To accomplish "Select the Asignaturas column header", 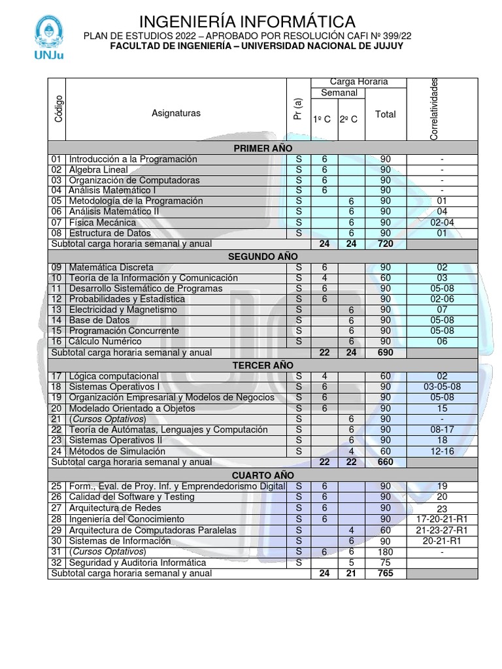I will click(x=176, y=113).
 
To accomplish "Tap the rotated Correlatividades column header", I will click(x=434, y=109).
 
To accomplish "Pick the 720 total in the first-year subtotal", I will click(x=385, y=244).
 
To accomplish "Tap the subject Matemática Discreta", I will click(x=111, y=267).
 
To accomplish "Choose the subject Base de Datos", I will click(x=99, y=320).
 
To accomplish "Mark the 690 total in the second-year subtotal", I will click(x=385, y=352).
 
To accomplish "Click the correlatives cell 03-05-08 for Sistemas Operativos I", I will click(x=442, y=387).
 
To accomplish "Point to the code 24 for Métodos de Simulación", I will click(x=56, y=451).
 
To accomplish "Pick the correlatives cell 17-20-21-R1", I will click(x=442, y=519).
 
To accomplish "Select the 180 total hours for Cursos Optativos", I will click(x=385, y=552).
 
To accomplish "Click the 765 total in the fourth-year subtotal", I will click(x=385, y=574).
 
